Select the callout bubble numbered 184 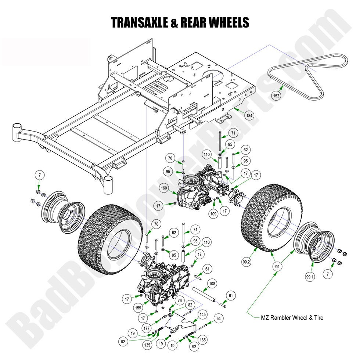[x=249, y=116]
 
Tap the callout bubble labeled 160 [x=164, y=188]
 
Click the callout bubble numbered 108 [x=212, y=284]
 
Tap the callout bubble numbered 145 [x=203, y=315]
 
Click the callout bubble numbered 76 [x=180, y=300]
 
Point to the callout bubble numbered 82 [x=190, y=305]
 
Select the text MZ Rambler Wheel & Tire [x=292, y=317]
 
